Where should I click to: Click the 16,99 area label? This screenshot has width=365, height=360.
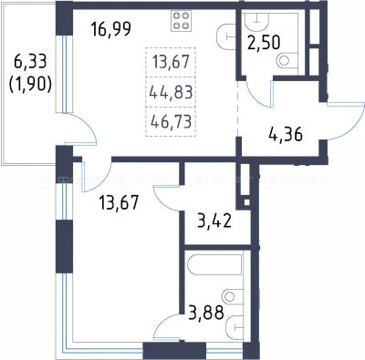[111, 29]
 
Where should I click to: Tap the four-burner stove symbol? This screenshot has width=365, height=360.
[181, 20]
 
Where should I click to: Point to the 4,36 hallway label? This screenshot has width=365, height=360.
[286, 134]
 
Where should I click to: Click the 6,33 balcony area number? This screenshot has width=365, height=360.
[30, 62]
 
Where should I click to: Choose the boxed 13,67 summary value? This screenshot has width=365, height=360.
[171, 62]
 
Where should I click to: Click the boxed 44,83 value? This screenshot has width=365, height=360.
[171, 92]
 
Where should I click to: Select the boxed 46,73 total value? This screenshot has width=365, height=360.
[171, 121]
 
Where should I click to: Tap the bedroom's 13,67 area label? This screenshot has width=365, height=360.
[119, 201]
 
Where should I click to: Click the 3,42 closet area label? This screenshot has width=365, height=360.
[214, 221]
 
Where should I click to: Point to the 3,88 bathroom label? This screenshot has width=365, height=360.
[206, 313]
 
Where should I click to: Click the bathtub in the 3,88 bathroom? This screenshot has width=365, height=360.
[215, 264]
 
